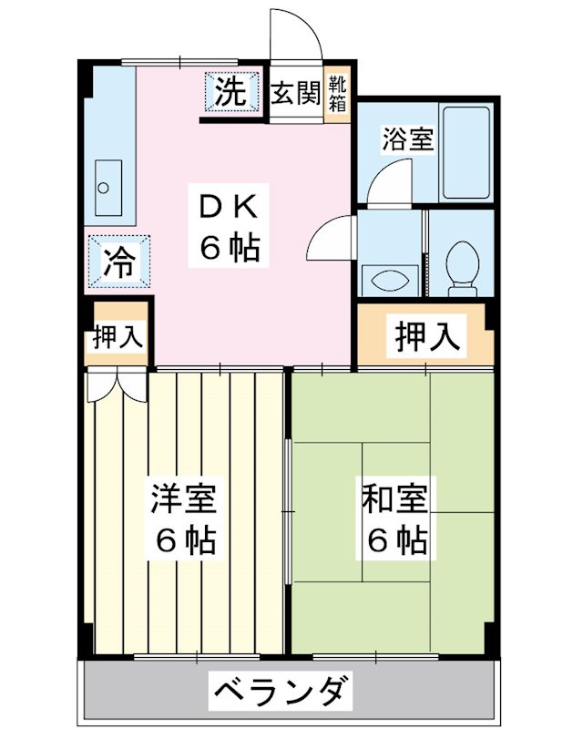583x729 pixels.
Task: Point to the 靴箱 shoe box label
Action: click(338, 94)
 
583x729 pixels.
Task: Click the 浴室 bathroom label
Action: click(407, 140)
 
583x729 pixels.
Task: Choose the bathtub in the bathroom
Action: click(466, 152)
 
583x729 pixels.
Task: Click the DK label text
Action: click(225, 209)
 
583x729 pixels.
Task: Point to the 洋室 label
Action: click(184, 501)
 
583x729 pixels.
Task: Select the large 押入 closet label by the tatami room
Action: click(425, 336)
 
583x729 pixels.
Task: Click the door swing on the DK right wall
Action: click(330, 239)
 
